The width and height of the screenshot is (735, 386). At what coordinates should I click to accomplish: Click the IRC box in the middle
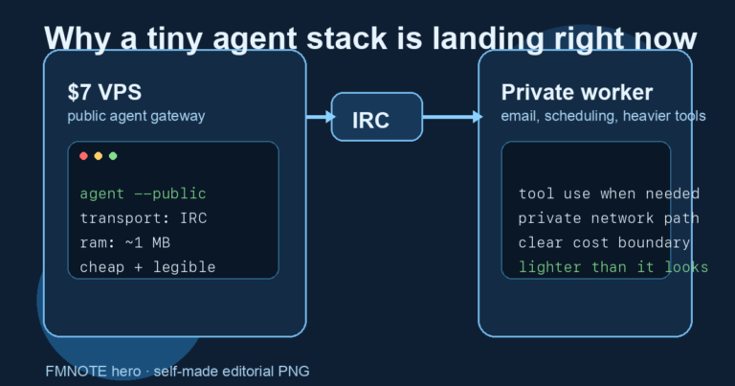(x=376, y=117)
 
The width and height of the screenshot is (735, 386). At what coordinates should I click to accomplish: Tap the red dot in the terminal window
(x=83, y=156)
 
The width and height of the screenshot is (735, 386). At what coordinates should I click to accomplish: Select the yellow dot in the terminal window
(x=98, y=156)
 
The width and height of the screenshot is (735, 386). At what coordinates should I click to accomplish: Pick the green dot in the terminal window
(x=113, y=156)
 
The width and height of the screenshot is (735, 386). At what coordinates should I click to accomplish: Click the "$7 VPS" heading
(x=103, y=93)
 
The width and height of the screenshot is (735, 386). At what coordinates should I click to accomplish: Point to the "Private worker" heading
(x=576, y=93)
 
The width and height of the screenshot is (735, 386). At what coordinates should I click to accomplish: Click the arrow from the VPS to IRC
(x=320, y=117)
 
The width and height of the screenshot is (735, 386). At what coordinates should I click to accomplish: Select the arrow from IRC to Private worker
(x=453, y=117)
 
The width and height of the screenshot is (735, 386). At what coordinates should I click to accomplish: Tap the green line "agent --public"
(x=143, y=193)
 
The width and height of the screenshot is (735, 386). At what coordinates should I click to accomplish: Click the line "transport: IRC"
(x=143, y=218)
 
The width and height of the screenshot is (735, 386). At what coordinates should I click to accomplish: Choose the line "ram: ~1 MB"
(x=125, y=242)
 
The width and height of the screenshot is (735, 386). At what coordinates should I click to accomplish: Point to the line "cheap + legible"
(x=147, y=267)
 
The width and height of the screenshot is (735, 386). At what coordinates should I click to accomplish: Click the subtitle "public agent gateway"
(x=136, y=116)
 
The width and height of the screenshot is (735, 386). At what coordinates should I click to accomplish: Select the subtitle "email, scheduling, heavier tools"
(x=603, y=116)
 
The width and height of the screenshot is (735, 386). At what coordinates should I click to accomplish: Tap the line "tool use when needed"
(x=609, y=193)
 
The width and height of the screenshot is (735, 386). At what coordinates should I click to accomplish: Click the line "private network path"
(x=609, y=218)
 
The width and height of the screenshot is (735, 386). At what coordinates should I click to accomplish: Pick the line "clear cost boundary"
(x=604, y=243)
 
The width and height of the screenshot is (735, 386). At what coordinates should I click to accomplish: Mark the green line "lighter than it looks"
(x=612, y=267)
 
